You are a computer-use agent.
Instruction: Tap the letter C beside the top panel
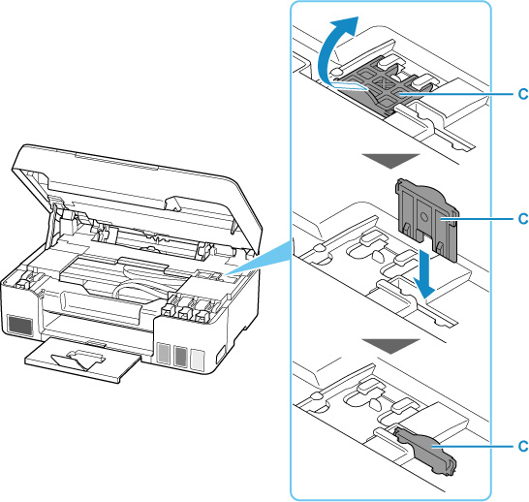523,94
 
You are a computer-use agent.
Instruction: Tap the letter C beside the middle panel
523,219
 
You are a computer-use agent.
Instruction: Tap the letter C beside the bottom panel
523,446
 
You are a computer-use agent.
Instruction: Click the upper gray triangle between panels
390,161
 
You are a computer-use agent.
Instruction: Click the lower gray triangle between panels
390,346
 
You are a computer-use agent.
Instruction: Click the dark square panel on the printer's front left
20,326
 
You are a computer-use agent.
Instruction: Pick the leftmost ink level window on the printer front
164,353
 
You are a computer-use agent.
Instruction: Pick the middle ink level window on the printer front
180,357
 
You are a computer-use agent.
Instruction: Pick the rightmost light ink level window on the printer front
198,360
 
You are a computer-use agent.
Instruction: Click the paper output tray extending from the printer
81,361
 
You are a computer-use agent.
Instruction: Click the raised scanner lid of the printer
135,189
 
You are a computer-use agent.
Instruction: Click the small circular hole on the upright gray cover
425,218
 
